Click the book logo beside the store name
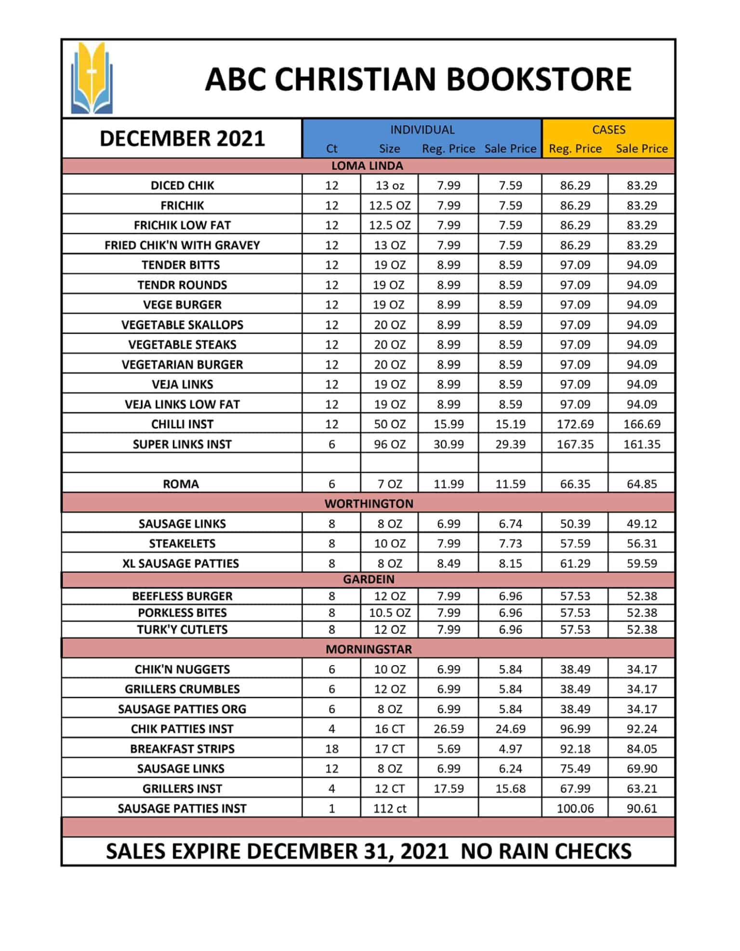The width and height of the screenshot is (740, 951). pos(92,79)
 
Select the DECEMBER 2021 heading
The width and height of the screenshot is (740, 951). pos(182,138)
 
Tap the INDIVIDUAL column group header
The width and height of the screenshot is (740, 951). pos(422,130)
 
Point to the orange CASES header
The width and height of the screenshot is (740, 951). pos(608,130)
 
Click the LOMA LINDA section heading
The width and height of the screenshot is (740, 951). pos(367,166)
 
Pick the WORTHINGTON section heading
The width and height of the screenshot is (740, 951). pos(369,503)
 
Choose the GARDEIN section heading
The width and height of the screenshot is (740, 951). pos(369,579)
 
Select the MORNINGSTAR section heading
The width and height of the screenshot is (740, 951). pos(369,649)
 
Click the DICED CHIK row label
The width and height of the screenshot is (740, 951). pos(182,186)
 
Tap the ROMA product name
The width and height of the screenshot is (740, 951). pos(181,484)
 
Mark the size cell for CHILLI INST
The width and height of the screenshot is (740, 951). pos(390,424)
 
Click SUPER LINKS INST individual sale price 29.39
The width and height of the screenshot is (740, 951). pos(510,444)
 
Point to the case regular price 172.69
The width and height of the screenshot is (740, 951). pos(575,424)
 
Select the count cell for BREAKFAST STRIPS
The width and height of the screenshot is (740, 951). pos(331,748)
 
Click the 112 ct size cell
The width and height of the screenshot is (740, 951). pos(390,808)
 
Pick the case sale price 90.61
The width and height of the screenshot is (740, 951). pos(642,808)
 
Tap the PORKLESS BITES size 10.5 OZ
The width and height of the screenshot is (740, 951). pos(390,612)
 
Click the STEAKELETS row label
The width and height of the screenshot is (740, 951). pos(182,543)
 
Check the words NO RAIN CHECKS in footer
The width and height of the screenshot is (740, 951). pos(546,852)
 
